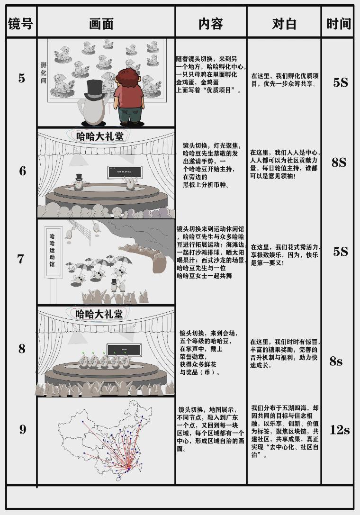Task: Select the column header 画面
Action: pos(101,24)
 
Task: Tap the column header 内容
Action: pos(211,24)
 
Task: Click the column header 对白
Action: pos(284,24)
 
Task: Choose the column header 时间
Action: pos(338,24)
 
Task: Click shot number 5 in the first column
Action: pos(22,79)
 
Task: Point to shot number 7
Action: pos(21,259)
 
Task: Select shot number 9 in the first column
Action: pos(23,430)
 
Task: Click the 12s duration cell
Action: pos(339,430)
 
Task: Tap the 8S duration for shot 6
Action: pos(339,163)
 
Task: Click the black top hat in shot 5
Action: pos(95,90)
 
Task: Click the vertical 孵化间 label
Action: pos(43,73)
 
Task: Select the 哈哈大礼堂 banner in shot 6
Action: pos(100,136)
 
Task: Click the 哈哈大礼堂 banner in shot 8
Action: pos(99,314)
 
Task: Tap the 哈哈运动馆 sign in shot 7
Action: pos(52,250)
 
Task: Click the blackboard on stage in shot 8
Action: pos(124,350)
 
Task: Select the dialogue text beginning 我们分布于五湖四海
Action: pos(284,431)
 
